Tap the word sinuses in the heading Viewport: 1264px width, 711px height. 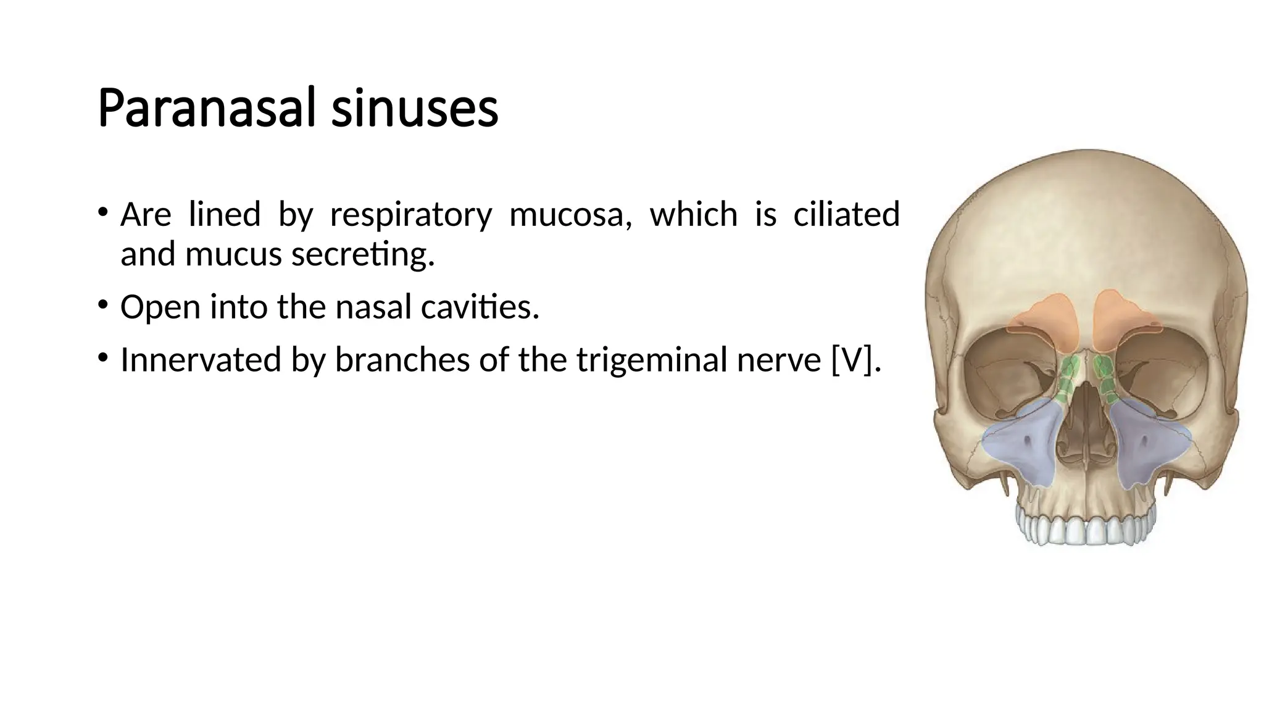tap(414, 109)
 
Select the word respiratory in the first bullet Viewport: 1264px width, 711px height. tap(411, 215)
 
